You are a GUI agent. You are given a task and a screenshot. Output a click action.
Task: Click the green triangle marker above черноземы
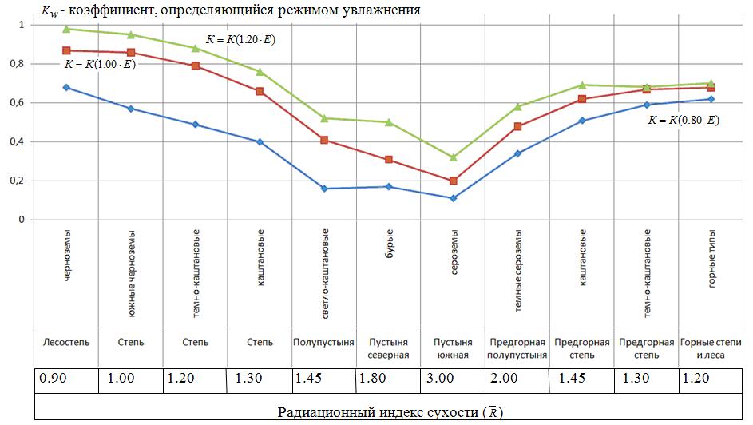click(67, 29)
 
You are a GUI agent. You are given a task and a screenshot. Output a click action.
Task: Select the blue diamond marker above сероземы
click(453, 198)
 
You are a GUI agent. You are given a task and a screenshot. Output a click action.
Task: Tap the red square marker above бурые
click(388, 160)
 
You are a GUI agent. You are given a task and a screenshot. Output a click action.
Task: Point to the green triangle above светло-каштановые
click(324, 118)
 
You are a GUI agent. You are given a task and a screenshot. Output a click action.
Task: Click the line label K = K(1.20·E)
click(240, 39)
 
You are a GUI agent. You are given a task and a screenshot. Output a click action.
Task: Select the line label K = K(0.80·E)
click(684, 120)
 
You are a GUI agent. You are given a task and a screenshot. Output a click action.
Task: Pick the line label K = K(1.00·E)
click(100, 64)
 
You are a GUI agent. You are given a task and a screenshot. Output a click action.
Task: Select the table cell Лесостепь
click(65, 342)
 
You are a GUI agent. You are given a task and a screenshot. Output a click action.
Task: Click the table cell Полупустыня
click(323, 342)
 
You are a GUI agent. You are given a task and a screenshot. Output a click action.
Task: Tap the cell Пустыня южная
click(453, 348)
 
